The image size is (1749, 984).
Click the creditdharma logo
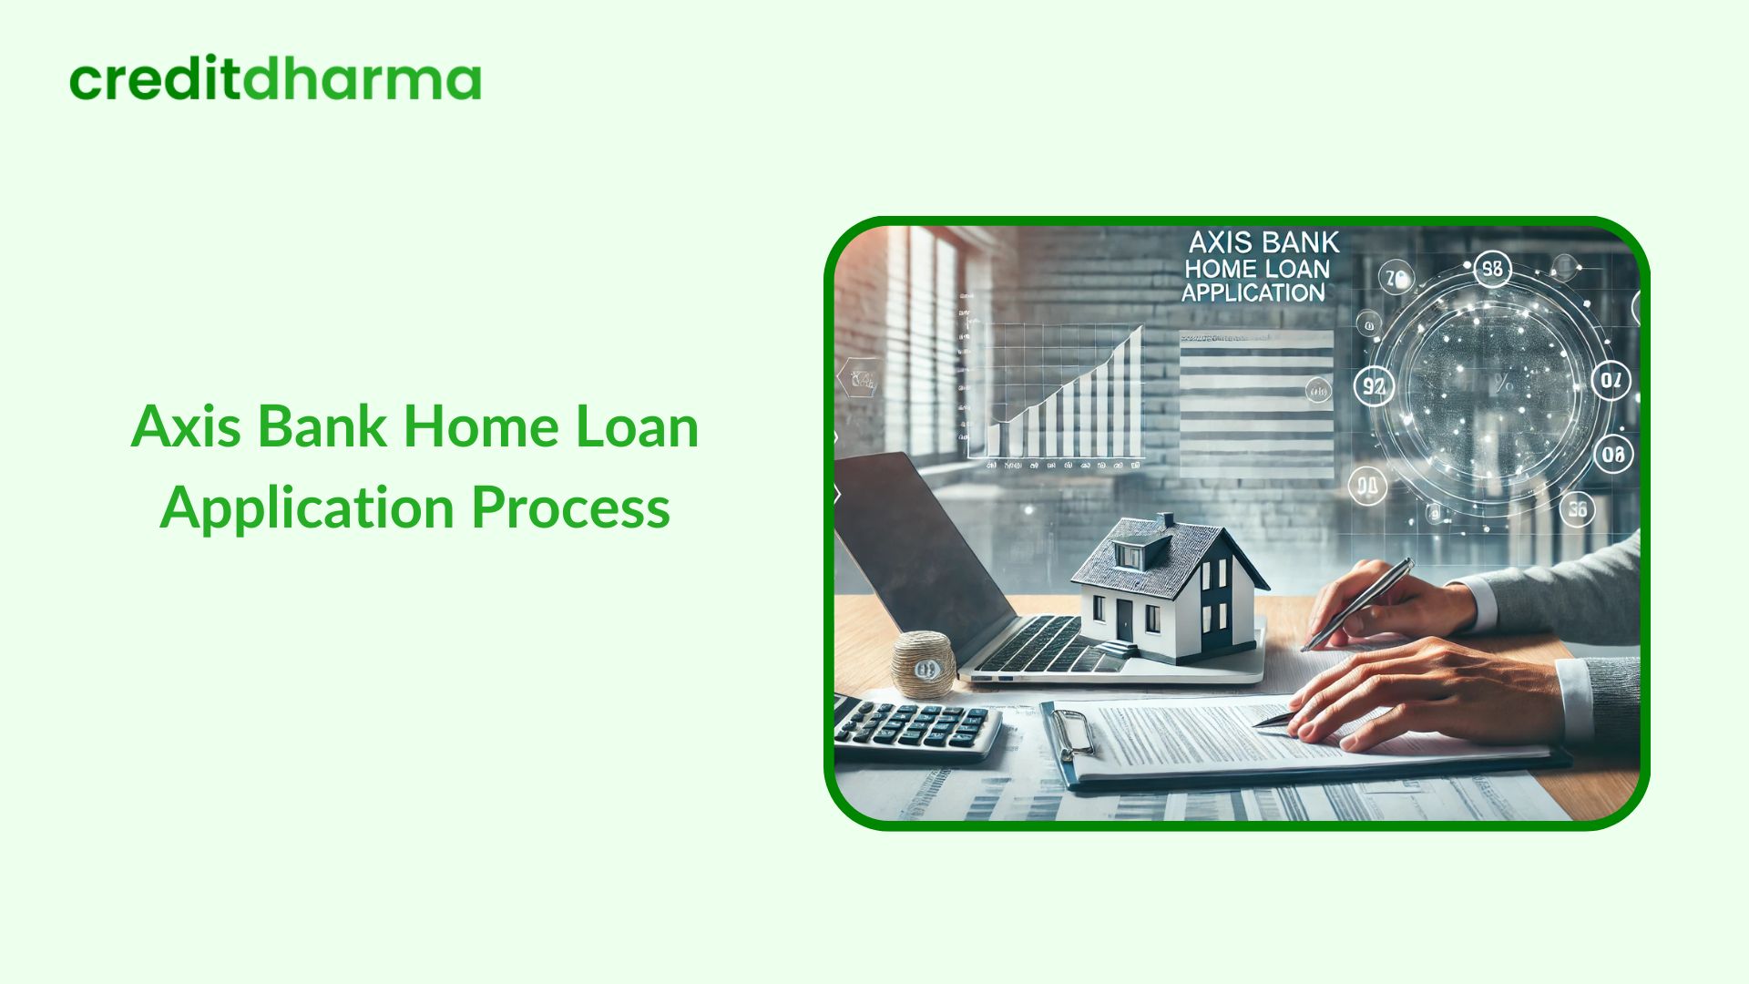pyautogui.click(x=274, y=80)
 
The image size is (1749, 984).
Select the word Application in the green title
pyautogui.click(x=307, y=507)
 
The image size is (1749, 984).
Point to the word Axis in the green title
pyautogui.click(x=186, y=426)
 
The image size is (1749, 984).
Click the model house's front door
pyautogui.click(x=1125, y=620)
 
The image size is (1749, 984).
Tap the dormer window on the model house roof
pyautogui.click(x=1130, y=554)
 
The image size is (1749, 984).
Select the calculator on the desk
pyautogui.click(x=915, y=727)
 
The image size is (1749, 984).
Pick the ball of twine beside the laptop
pyautogui.click(x=924, y=664)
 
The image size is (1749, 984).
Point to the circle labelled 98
pyautogui.click(x=1492, y=270)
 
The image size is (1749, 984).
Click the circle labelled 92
pyautogui.click(x=1373, y=386)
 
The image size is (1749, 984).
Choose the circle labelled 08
pyautogui.click(x=1612, y=454)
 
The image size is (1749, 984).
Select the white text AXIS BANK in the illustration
pyautogui.click(x=1264, y=243)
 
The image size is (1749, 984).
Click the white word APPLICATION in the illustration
pyautogui.click(x=1253, y=293)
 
